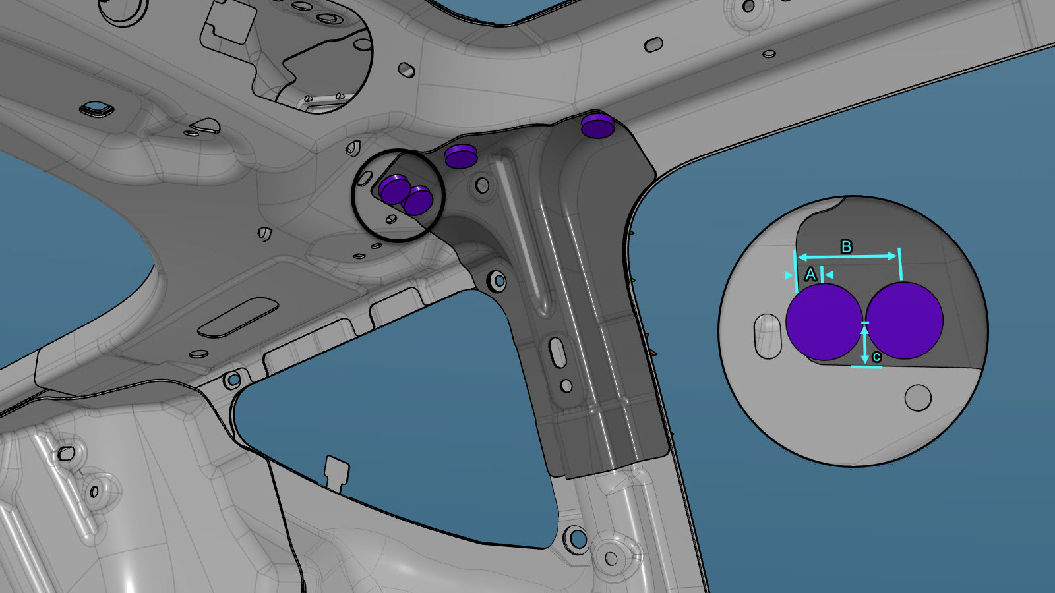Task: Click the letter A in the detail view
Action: (810, 274)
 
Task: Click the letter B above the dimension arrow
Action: (847, 246)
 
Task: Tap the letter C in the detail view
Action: (876, 357)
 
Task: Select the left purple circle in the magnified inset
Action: (824, 322)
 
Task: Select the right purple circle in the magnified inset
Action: (904, 320)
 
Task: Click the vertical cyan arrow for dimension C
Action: (864, 345)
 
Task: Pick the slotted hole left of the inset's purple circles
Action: (768, 336)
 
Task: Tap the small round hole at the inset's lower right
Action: (918, 398)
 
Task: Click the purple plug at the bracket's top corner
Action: (597, 126)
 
